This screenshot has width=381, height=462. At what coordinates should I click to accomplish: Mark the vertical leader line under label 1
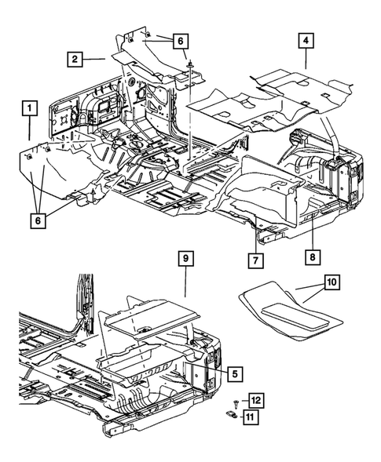[x=29, y=127]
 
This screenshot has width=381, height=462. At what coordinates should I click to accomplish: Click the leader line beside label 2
[x=96, y=58]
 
